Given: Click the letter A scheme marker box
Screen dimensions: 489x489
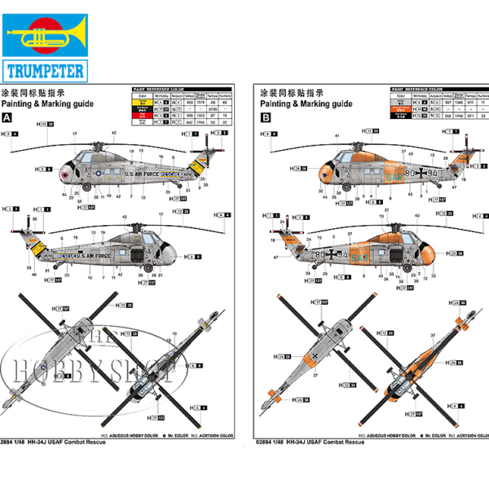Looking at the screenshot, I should click(x=8, y=117).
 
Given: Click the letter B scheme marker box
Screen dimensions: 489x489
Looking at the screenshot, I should click(x=263, y=117).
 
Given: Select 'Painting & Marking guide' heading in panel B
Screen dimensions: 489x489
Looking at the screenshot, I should click(x=306, y=104).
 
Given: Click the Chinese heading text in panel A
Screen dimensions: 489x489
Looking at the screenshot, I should click(x=33, y=93).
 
